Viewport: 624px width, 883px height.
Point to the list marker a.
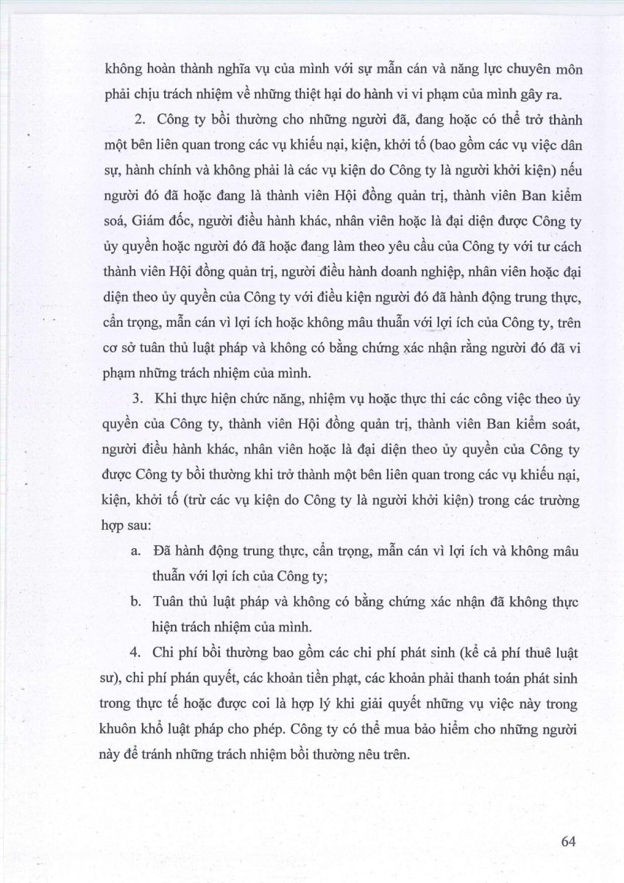[138, 551]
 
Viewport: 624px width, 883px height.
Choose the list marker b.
[138, 602]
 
